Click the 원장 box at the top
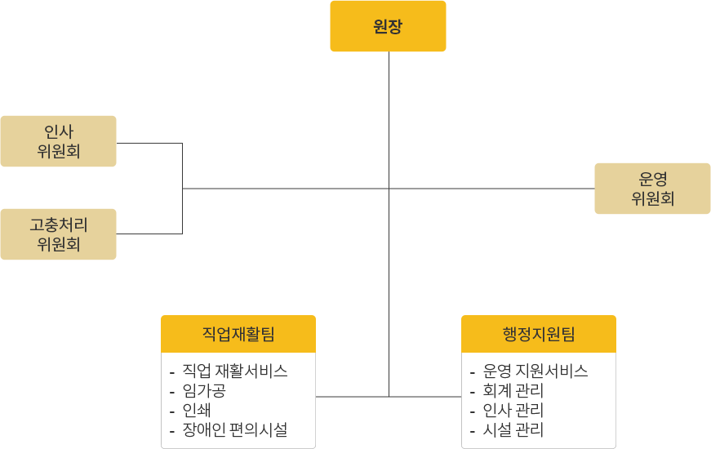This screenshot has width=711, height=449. click(388, 26)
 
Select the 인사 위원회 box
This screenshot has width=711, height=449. click(58, 141)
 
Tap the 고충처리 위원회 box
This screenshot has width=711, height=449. click(58, 234)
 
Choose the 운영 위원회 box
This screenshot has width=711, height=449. click(652, 189)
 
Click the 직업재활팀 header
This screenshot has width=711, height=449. click(238, 334)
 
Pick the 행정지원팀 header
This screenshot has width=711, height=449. click(539, 334)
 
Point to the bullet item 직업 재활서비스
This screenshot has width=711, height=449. click(235, 371)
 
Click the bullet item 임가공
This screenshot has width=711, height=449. click(204, 391)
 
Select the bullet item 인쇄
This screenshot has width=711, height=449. click(197, 411)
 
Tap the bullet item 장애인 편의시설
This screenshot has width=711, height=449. click(235, 430)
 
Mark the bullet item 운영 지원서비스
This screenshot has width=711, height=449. click(535, 371)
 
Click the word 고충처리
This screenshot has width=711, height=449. click(59, 224)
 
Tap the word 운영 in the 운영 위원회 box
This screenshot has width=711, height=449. click(653, 180)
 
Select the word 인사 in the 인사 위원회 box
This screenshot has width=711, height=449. click(59, 131)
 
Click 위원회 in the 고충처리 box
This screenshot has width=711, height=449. click(59, 244)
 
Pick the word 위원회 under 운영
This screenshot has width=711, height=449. click(653, 198)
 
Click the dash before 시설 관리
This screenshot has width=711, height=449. click(473, 431)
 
